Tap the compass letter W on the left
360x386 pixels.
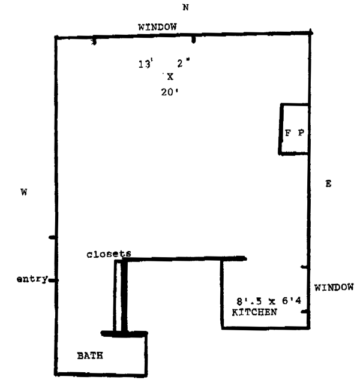[x=24, y=192]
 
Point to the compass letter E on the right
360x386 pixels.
[x=328, y=183]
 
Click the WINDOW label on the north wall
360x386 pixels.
[x=157, y=27]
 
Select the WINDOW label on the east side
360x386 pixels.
[x=334, y=288]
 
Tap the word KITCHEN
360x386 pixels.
[x=254, y=313]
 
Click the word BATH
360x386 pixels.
[x=90, y=355]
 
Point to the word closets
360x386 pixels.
[x=108, y=254]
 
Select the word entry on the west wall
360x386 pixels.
[x=32, y=279]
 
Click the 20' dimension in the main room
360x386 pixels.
[x=170, y=92]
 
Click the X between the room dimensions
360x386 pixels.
[x=170, y=77]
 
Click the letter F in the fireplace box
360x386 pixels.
[x=287, y=133]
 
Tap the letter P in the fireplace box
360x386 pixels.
[x=301, y=133]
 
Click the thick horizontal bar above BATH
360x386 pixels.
[x=124, y=333]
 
